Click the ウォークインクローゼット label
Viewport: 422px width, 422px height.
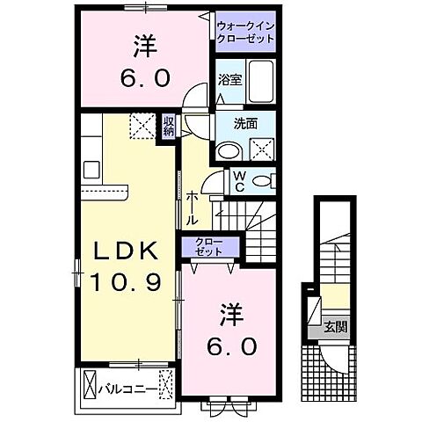coord(247,33)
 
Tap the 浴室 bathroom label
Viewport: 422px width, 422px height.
coord(229,77)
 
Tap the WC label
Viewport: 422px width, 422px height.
coord(238,181)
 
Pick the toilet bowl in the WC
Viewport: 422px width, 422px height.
coord(262,182)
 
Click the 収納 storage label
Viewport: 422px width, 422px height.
coord(167,126)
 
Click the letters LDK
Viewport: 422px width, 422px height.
coord(126,251)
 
